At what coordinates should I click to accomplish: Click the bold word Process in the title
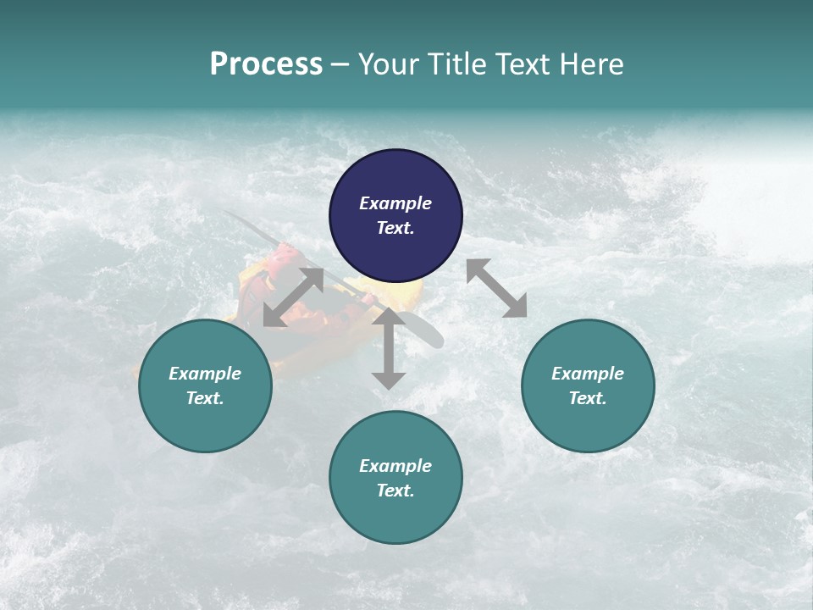[266, 64]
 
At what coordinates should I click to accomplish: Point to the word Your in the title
[385, 64]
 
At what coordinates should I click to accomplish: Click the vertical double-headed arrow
[389, 348]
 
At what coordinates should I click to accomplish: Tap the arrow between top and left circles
[293, 297]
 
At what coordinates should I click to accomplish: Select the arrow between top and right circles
[496, 288]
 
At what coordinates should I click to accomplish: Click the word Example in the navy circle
[395, 203]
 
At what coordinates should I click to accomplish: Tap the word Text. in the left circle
[205, 398]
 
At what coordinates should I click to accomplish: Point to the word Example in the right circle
[588, 374]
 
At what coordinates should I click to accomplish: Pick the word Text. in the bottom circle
[395, 491]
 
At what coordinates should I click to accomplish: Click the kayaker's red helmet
[285, 255]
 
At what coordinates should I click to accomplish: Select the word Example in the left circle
[205, 374]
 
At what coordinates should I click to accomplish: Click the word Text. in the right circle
[588, 398]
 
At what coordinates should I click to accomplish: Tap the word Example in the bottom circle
[395, 466]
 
